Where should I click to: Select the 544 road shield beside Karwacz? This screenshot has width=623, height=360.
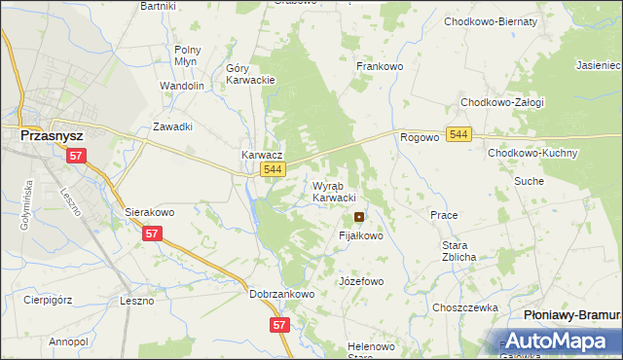274,170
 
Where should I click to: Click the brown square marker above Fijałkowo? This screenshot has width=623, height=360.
360,217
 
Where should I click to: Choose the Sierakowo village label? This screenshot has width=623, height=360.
149,211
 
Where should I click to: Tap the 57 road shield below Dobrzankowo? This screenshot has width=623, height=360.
280,326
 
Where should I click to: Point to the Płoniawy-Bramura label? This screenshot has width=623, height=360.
571,315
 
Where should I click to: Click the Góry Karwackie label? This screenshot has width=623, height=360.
251,74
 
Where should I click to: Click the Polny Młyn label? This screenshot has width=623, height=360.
186,54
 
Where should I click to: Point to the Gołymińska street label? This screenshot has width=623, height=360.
26,208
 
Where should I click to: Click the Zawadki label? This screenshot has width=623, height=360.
173,126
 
